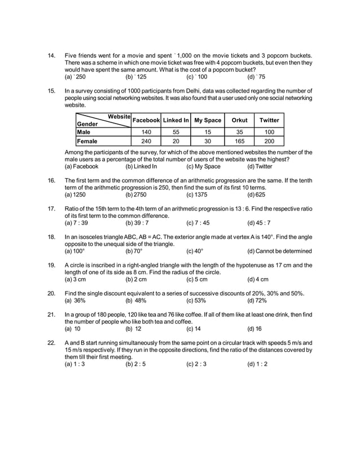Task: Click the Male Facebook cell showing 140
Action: coord(146,131)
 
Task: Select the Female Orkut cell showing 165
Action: coord(239,142)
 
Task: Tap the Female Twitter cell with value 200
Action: coord(269,142)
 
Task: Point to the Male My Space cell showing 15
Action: coord(208,131)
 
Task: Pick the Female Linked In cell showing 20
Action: coord(176,142)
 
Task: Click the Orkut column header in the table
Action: coord(239,120)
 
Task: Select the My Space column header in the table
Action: coord(208,120)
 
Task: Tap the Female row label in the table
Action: coord(87,142)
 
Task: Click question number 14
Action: coord(51,56)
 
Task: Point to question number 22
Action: coord(51,342)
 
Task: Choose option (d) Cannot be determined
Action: coord(279,251)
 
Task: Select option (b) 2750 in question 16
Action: coord(136,195)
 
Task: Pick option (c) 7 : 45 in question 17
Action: coord(197,223)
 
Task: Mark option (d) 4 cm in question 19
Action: coord(258,279)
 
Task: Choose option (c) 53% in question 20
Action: coord(196,301)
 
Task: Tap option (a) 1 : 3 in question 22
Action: coord(74,364)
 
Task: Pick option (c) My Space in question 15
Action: coord(203,166)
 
